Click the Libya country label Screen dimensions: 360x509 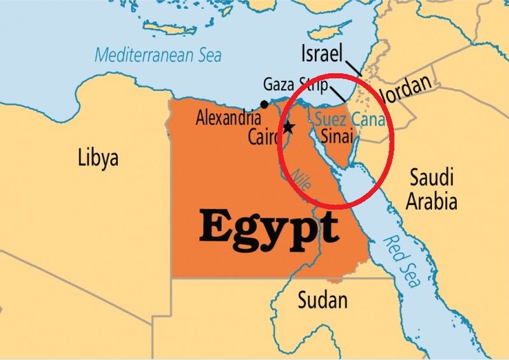[x=98, y=157]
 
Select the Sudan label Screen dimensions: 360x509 [x=323, y=299]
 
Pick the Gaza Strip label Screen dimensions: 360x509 [x=295, y=85]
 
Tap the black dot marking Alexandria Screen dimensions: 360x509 [x=264, y=104]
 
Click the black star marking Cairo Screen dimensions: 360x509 [x=288, y=127]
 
